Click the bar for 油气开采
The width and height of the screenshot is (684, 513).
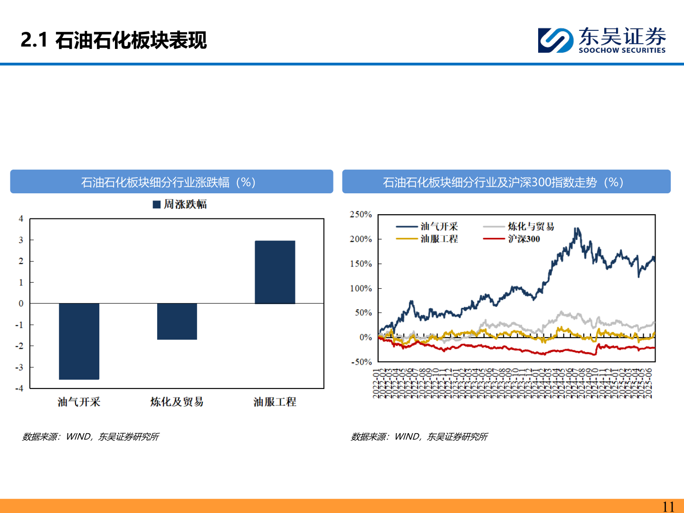(x=79, y=341)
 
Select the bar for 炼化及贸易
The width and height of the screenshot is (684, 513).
(x=177, y=321)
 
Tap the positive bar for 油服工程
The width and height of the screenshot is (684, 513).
(x=275, y=272)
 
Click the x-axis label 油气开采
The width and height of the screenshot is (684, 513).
(x=79, y=402)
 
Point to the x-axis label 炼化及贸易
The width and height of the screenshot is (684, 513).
(x=177, y=402)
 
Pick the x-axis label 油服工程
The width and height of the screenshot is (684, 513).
(x=275, y=402)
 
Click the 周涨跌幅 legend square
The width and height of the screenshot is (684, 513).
(x=157, y=205)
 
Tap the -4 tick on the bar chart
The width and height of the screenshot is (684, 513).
(x=19, y=388)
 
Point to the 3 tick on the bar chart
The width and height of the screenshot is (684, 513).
(x=21, y=240)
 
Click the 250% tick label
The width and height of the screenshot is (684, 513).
(x=361, y=215)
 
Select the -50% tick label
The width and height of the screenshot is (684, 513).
(x=361, y=362)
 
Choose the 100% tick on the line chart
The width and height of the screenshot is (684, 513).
(x=361, y=288)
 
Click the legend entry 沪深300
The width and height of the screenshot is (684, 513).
(x=523, y=239)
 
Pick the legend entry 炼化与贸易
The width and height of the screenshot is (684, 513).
(x=531, y=227)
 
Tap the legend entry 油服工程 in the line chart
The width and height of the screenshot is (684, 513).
(x=439, y=239)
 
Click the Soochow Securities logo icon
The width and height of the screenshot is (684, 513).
(x=555, y=40)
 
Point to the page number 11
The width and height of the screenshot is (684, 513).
(x=668, y=506)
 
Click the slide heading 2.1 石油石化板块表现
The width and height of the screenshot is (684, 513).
(x=114, y=40)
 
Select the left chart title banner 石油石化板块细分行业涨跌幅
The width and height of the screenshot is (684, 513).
(x=171, y=182)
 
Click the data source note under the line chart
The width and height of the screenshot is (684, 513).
(x=419, y=437)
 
